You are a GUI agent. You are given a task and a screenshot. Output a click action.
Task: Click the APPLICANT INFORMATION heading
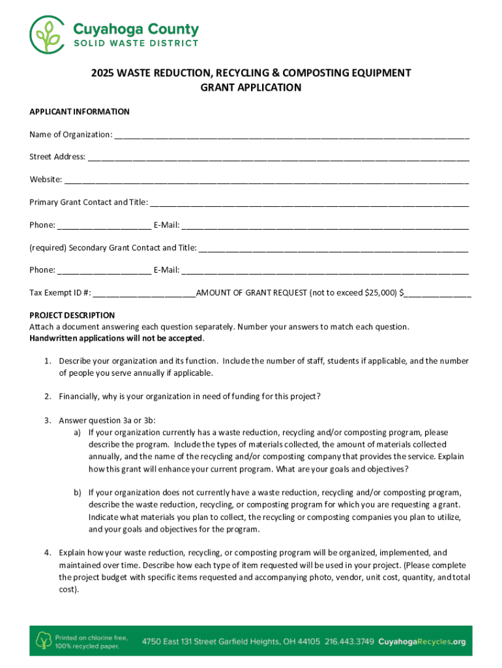(80, 112)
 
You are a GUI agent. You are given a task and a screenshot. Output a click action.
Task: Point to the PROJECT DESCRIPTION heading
(72, 315)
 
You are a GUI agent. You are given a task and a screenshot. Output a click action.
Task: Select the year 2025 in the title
(102, 73)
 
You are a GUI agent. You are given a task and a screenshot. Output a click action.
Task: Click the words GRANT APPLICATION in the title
(250, 87)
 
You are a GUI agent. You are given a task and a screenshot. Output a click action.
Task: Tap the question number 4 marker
(48, 553)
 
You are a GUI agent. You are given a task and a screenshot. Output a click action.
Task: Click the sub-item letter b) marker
(77, 492)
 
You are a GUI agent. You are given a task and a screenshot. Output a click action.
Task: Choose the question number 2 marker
(48, 396)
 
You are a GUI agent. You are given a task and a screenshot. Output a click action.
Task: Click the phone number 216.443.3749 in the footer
(349, 641)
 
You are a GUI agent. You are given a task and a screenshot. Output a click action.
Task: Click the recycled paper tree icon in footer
(44, 641)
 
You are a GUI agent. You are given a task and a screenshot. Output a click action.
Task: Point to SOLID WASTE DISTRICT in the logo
(136, 44)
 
